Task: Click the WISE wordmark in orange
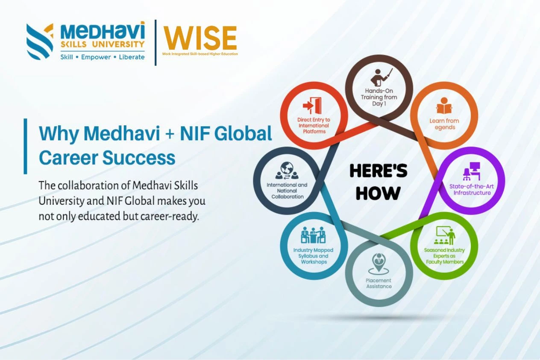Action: point(200,38)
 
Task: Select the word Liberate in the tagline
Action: point(132,57)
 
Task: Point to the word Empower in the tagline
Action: point(96,57)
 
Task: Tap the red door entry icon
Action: point(312,106)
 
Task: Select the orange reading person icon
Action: point(444,106)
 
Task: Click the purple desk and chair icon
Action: point(471,171)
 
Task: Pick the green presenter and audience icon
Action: point(445,236)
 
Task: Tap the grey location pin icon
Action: point(379,264)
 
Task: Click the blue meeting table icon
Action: point(313,235)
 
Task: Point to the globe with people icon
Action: point(287,171)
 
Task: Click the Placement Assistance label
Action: point(379,283)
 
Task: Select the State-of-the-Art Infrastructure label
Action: point(472,190)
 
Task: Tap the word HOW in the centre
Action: point(378,193)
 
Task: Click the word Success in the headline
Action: point(139,158)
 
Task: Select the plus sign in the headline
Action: point(170,134)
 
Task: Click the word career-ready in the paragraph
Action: point(170,216)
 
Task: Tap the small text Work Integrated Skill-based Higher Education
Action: point(200,54)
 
